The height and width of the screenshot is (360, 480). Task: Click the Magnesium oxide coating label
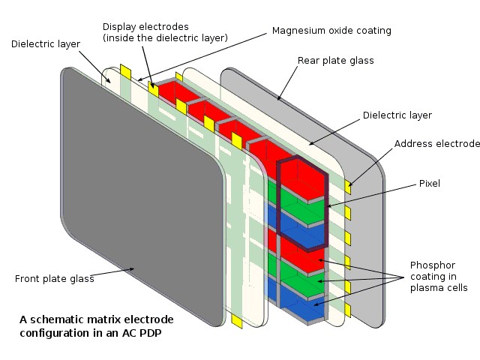point(331,31)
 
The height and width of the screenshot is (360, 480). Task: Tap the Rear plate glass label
point(335,61)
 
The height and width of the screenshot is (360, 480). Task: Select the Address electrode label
point(436,143)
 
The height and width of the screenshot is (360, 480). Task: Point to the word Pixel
point(430,182)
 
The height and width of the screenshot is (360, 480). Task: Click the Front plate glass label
point(54,279)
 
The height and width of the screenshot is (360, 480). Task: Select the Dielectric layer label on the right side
point(397,115)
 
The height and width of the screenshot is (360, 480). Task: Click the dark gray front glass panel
point(135,195)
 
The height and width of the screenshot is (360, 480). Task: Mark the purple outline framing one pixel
point(278,202)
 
